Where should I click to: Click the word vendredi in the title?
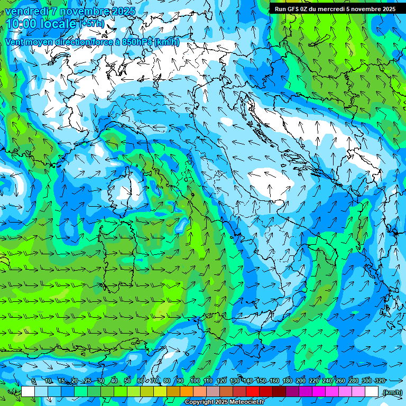pyautogui.click(x=25, y=11)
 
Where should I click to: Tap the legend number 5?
pyautogui.click(x=34, y=381)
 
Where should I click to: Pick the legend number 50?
pyautogui.click(x=127, y=381)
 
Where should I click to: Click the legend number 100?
pyautogui.click(x=195, y=381)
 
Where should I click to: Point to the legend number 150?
pyautogui.click(x=261, y=381)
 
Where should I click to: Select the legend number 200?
pyautogui.click(x=301, y=381)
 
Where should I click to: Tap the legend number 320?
pyautogui.click(x=380, y=381)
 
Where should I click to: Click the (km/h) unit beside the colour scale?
pyautogui.click(x=392, y=392)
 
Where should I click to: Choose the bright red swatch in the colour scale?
pyautogui.click(x=253, y=392)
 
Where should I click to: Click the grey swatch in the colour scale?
pyautogui.click(x=213, y=392)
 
